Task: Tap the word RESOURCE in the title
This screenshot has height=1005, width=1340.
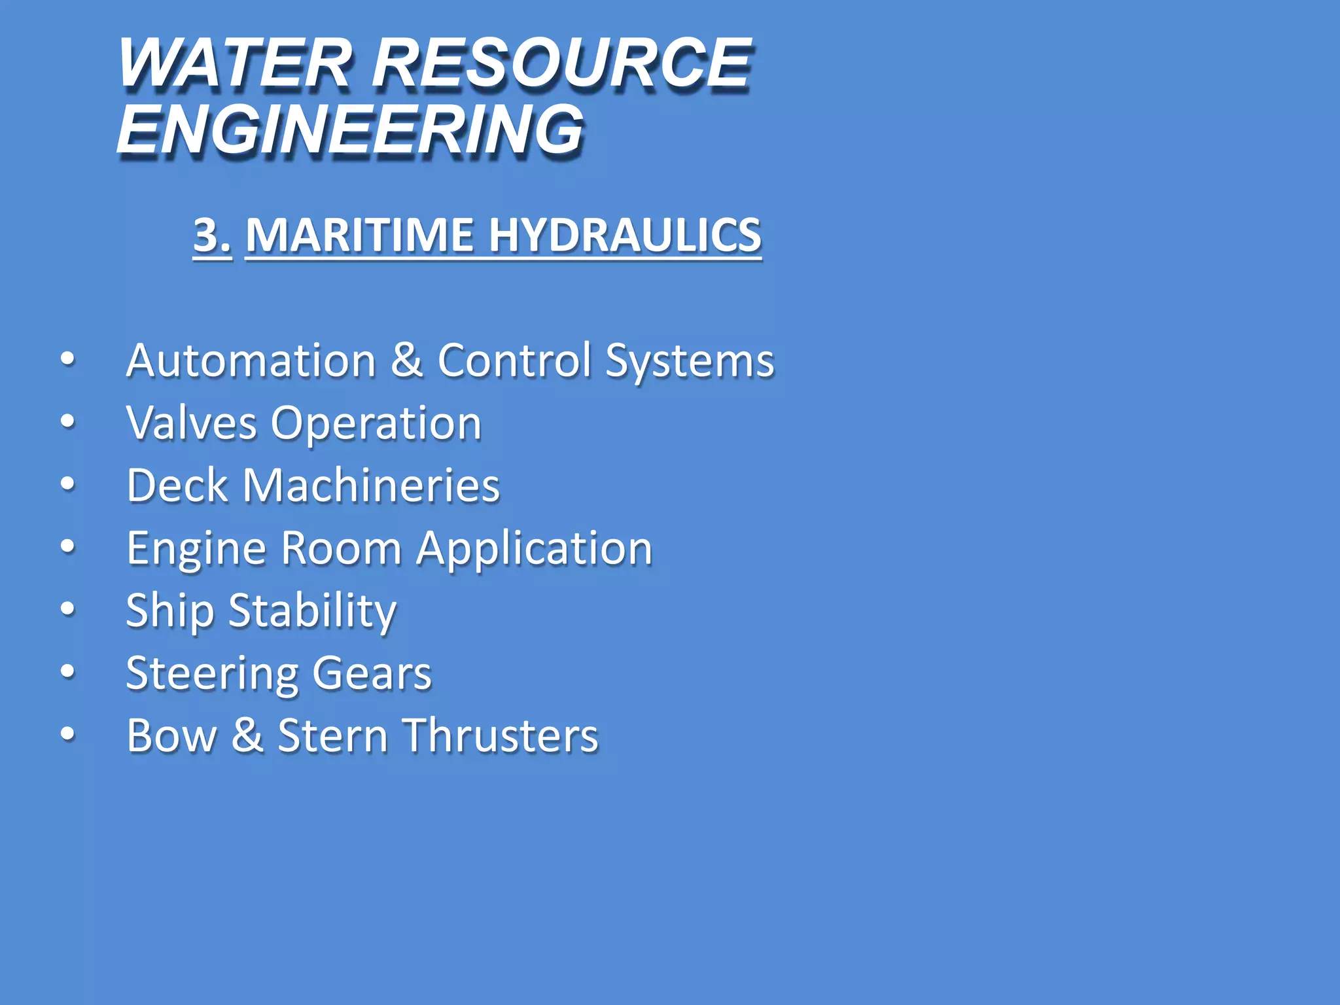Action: click(x=562, y=63)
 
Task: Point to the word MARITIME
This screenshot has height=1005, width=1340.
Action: click(x=359, y=234)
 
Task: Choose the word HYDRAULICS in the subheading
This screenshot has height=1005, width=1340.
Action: click(x=625, y=234)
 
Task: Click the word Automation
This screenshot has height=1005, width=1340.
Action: click(x=251, y=361)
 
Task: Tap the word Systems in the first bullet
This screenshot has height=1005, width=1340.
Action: click(x=690, y=362)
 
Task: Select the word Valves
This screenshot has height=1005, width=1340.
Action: click(x=191, y=423)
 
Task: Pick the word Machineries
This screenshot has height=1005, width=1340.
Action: click(x=371, y=485)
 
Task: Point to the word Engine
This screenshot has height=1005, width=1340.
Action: click(x=196, y=549)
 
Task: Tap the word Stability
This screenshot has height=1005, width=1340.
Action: click(x=313, y=611)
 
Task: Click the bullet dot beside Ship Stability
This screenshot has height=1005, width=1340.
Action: click(x=67, y=609)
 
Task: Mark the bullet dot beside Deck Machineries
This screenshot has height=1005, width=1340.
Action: click(x=67, y=484)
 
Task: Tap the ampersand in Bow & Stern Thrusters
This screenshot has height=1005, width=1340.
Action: click(x=247, y=735)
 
